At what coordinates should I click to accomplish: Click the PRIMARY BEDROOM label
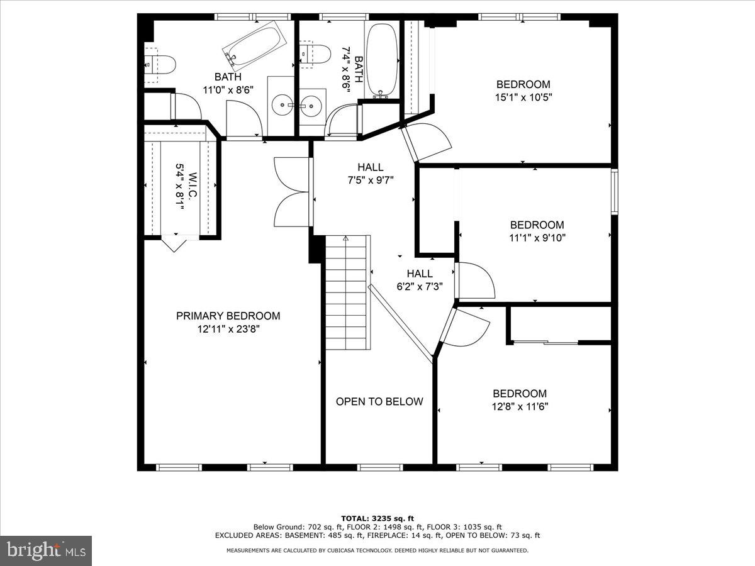[228, 316]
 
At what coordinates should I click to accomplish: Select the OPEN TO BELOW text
[379, 401]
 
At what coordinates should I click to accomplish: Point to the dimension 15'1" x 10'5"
[523, 97]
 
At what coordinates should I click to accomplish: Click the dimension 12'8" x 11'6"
[520, 406]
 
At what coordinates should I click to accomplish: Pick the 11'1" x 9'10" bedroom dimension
[537, 238]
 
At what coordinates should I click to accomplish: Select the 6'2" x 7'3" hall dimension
[420, 286]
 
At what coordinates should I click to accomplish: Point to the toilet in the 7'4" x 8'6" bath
[315, 54]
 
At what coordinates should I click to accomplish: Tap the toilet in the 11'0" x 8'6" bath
[160, 65]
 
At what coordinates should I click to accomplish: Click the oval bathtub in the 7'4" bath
[381, 61]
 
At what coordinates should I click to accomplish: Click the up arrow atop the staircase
[345, 238]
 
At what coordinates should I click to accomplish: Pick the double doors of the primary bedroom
[293, 192]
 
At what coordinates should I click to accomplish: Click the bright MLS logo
[46, 550]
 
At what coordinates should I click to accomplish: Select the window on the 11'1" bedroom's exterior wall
[614, 191]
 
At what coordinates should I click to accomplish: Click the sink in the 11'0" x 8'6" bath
[282, 106]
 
